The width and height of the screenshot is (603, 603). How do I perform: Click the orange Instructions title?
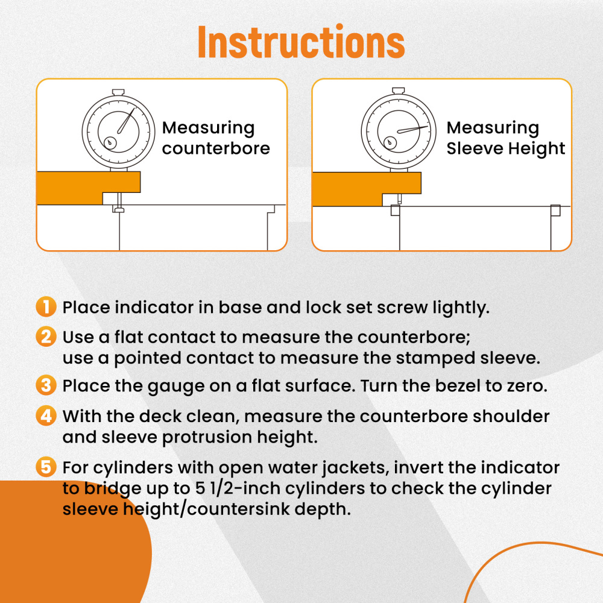click(301, 42)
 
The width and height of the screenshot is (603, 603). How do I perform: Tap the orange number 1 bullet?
click(46, 307)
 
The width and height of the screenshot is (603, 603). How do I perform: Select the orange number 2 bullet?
click(46, 336)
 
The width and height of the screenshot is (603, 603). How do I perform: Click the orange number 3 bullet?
click(46, 385)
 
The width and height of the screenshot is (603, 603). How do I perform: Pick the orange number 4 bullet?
click(46, 415)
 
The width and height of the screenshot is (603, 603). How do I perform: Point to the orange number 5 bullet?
click(46, 467)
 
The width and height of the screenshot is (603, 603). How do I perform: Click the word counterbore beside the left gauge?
click(216, 148)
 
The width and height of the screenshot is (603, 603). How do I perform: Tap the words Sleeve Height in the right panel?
click(506, 148)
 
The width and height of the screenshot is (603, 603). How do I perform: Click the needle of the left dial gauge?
click(126, 121)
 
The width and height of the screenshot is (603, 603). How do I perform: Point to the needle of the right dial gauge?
click(412, 129)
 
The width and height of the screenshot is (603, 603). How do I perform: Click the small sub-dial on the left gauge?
click(110, 143)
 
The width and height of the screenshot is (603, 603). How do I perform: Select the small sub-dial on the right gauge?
click(390, 143)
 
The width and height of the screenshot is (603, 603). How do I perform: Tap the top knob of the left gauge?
click(118, 92)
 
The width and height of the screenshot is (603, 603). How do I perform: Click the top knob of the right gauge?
click(399, 91)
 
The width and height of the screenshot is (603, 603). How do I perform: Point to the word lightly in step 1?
click(461, 308)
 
